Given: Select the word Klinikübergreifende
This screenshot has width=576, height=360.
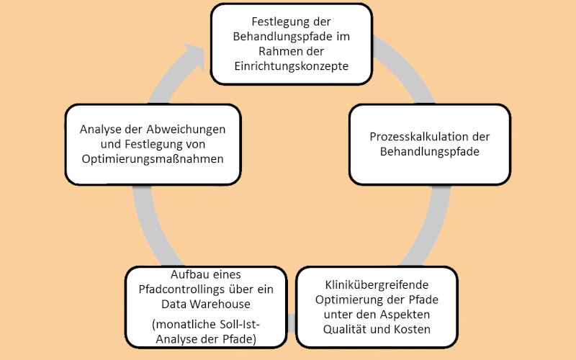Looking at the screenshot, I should pyautogui.click(x=377, y=284).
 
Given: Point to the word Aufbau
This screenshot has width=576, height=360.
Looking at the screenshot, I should pyautogui.click(x=187, y=275).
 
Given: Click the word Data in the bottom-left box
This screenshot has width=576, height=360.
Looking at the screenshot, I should pyautogui.click(x=174, y=304).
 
